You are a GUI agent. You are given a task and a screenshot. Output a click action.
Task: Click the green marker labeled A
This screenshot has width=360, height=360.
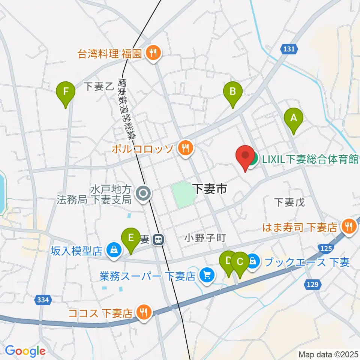pyautogui.click(x=294, y=118)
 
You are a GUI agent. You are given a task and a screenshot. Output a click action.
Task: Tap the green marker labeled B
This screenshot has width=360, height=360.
pyautogui.click(x=233, y=92)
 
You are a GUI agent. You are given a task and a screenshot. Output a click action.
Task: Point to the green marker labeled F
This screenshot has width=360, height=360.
pyautogui.click(x=66, y=92)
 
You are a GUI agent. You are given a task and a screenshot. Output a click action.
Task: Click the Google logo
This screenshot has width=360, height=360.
pyautogui.click(x=25, y=351)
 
